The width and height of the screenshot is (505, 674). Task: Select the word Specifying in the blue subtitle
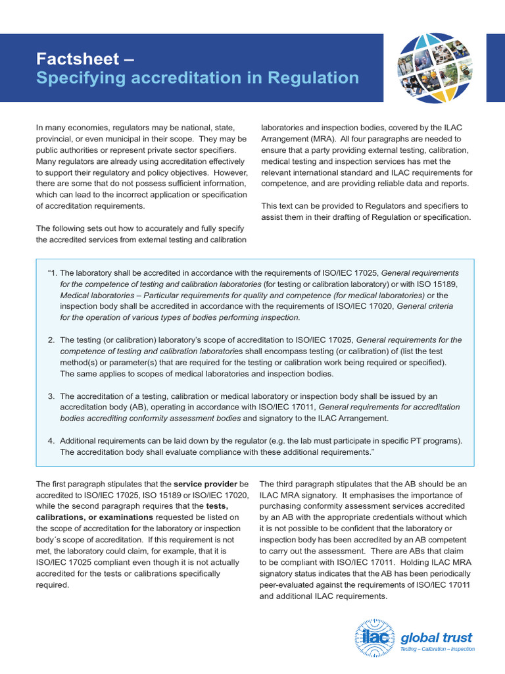pyautogui.click(x=76, y=78)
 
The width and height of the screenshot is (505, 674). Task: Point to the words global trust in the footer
pyautogui.click(x=437, y=637)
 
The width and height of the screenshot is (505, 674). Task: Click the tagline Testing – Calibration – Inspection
pyautogui.click(x=437, y=649)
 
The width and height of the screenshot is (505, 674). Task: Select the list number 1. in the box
pyautogui.click(x=53, y=272)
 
